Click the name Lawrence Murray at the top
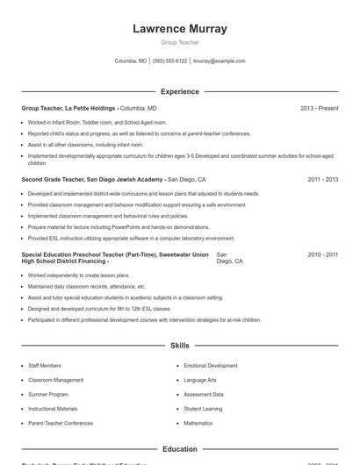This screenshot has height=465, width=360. click(179, 28)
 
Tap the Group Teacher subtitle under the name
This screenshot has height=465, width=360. click(179, 42)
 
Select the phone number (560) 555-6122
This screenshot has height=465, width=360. click(169, 61)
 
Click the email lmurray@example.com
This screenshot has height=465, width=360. click(219, 61)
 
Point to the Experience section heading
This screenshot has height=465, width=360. click(179, 91)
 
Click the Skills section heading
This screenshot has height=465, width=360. click(179, 346)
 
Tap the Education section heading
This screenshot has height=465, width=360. click(179, 449)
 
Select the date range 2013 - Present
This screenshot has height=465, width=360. click(319, 108)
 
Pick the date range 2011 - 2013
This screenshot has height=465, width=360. click(322, 179)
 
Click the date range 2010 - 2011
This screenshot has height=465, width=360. click(322, 254)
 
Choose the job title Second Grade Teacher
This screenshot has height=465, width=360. click(57, 179)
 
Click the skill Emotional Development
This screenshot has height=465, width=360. click(210, 366)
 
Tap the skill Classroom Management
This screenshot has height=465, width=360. click(55, 380)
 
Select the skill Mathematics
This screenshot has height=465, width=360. click(198, 423)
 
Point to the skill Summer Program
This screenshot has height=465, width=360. click(47, 395)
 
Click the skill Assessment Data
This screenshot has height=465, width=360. click(203, 395)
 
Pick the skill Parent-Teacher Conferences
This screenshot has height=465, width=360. click(60, 423)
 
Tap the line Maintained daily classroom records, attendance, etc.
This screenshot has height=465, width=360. click(86, 286)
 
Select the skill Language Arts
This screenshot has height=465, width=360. click(200, 380)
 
